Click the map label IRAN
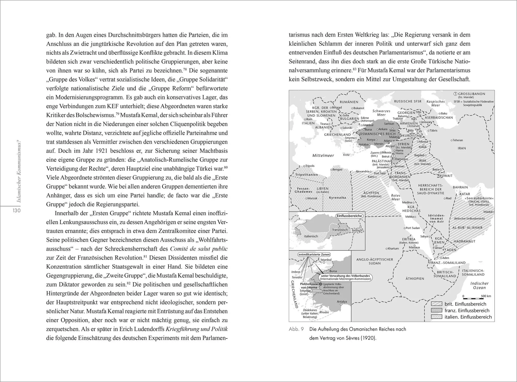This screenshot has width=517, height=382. click(x=462, y=148)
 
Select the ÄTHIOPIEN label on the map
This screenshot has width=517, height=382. click(x=415, y=279)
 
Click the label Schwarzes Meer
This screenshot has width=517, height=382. click(x=381, y=113)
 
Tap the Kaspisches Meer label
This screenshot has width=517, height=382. click(x=436, y=103)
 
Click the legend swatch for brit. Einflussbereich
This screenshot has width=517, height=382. click(x=436, y=304)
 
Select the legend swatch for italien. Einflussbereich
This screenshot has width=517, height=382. click(x=436, y=317)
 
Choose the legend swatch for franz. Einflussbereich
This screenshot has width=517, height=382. click(x=436, y=310)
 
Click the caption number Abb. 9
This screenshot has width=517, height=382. click(x=296, y=329)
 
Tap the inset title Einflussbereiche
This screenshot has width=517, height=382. click(x=349, y=216)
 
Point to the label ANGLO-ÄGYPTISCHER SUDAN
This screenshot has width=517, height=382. click(x=375, y=261)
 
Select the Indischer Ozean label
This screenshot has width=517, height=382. click(x=479, y=286)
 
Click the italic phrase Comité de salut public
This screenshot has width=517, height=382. click(x=199, y=249)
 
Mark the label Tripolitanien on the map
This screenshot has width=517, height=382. click(x=307, y=175)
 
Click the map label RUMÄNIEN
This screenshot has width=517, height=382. click(x=349, y=102)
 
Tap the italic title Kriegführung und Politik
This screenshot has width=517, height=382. click(x=196, y=329)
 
